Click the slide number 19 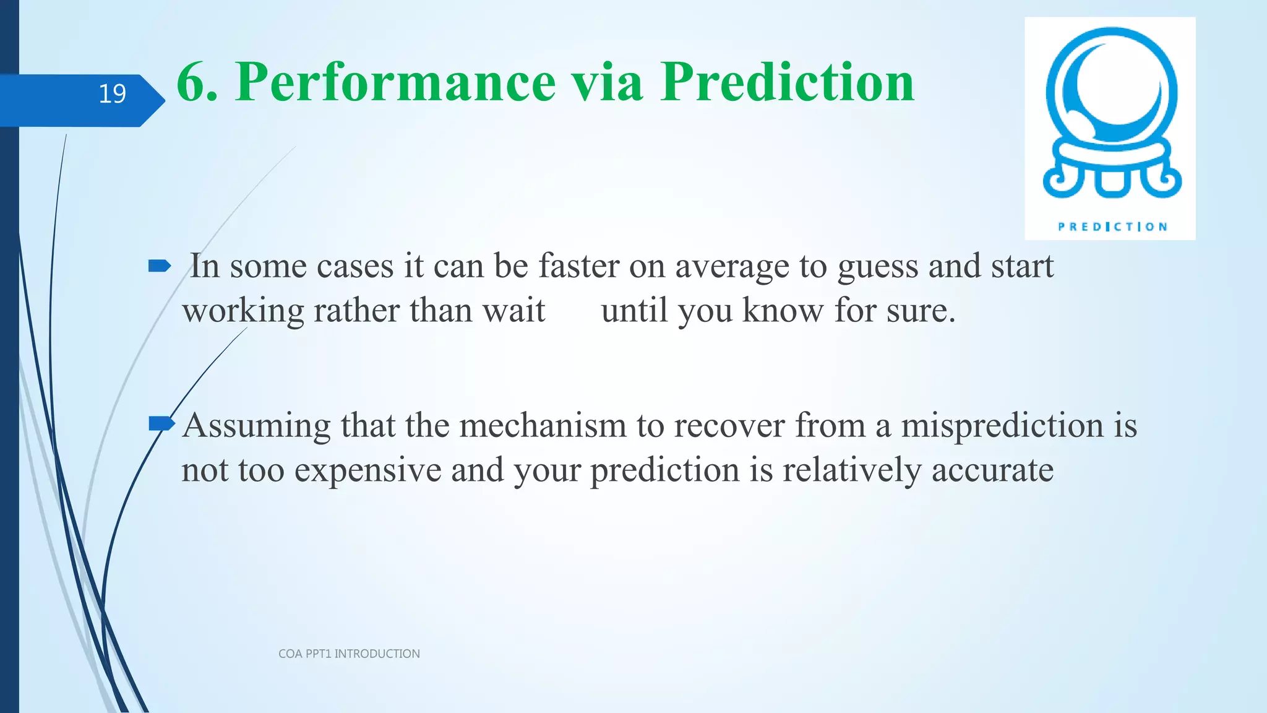[x=112, y=94]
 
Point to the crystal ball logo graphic [x=1112, y=115]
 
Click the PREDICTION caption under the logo [x=1112, y=227]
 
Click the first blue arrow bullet [x=160, y=267]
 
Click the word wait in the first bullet [x=513, y=310]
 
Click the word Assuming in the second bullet [x=256, y=426]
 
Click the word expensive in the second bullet [x=367, y=470]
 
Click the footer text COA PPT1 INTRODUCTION [x=349, y=654]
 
